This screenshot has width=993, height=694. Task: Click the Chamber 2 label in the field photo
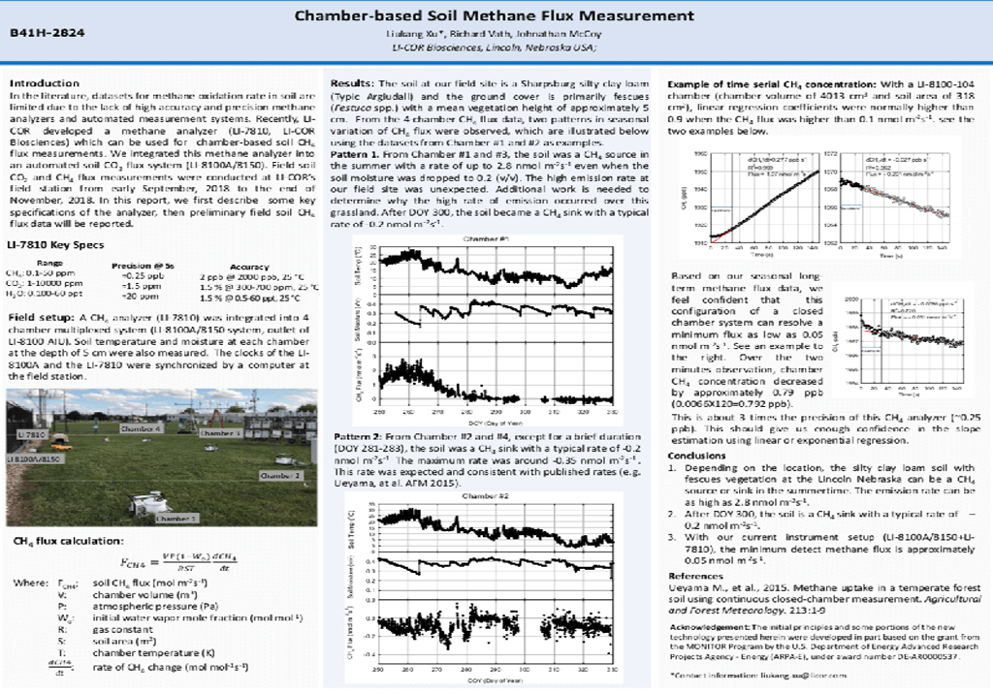[281, 476]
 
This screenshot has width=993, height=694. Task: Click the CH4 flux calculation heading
[64, 540]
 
